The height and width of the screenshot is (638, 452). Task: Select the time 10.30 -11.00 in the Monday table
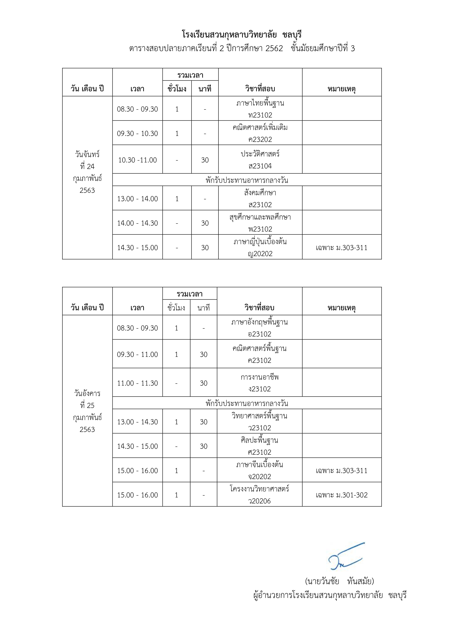pyautogui.click(x=138, y=160)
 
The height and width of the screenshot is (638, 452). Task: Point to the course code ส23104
pyautogui.click(x=260, y=166)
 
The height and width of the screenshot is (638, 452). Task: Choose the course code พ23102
pyautogui.click(x=260, y=229)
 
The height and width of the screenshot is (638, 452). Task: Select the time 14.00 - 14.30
pyautogui.click(x=138, y=223)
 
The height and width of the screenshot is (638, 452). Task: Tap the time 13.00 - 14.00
pyautogui.click(x=138, y=199)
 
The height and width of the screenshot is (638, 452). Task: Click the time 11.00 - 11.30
pyautogui.click(x=138, y=383)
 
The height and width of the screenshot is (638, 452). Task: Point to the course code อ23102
pyautogui.click(x=260, y=334)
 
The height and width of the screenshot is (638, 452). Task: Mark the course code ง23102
pyautogui.click(x=260, y=389)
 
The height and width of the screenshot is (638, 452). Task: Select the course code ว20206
pyautogui.click(x=260, y=501)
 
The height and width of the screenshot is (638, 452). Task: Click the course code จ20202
pyautogui.click(x=260, y=476)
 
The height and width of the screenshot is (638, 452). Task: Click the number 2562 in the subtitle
pyautogui.click(x=274, y=48)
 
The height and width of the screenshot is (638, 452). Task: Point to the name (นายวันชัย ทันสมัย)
pyautogui.click(x=340, y=581)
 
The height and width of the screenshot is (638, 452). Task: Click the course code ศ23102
pyautogui.click(x=260, y=452)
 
